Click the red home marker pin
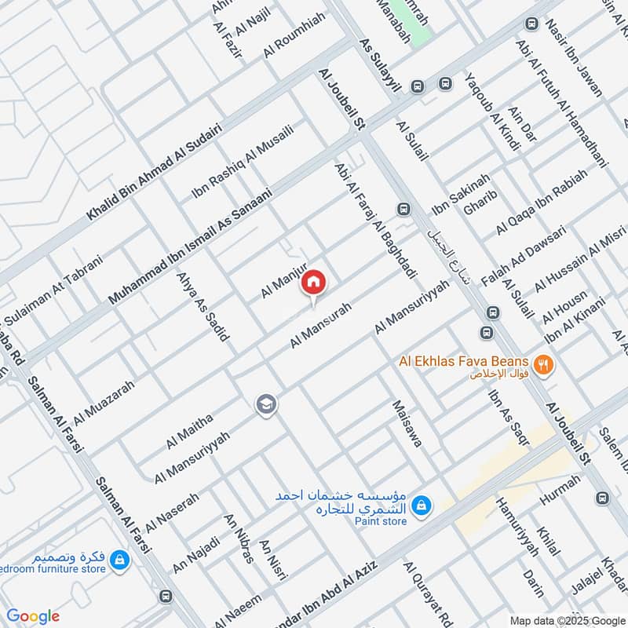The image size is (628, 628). click(313, 282)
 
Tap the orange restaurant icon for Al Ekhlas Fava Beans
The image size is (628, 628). click(542, 363)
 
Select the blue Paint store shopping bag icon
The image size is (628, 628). click(422, 505)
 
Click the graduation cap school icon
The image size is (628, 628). click(265, 404)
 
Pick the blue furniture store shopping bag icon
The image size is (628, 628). click(120, 560)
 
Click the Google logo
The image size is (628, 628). click(33, 616)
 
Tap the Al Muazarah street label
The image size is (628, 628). click(104, 400)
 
